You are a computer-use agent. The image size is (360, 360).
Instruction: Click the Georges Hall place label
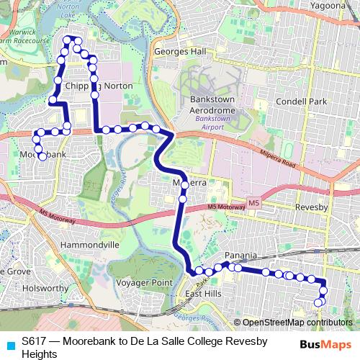point(179,52)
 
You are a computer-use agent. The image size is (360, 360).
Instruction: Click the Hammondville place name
point(90,245)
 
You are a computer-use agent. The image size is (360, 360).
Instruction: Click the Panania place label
point(240,255)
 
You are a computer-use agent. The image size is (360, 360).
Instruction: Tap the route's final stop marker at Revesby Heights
point(319,302)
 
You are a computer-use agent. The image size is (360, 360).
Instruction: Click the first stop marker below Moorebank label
point(42,156)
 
